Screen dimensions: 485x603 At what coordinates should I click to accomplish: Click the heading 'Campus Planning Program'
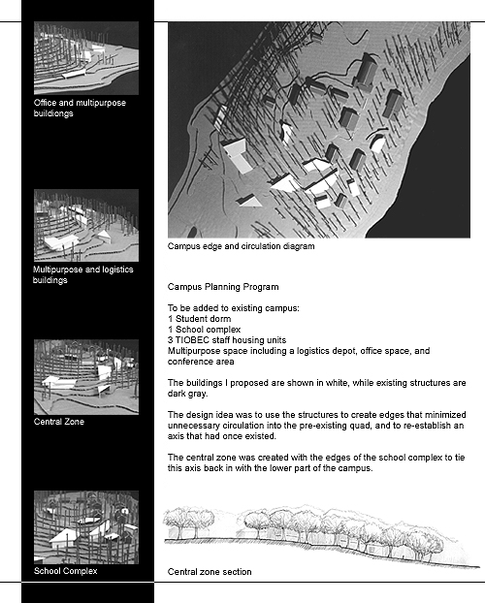tap(223, 287)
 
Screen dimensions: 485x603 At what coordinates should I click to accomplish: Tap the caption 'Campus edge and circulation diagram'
tap(241, 246)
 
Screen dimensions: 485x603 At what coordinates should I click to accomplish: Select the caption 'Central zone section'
tap(210, 572)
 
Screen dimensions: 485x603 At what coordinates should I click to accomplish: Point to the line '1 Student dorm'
tap(200, 319)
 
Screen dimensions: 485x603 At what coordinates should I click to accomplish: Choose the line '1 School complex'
tap(204, 330)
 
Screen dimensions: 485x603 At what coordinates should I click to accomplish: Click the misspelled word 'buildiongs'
tap(53, 113)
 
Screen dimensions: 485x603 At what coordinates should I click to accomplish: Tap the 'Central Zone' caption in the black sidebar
tap(59, 422)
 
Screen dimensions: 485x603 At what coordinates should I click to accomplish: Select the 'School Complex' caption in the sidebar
tap(65, 571)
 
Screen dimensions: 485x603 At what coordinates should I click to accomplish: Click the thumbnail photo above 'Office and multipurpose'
tap(86, 58)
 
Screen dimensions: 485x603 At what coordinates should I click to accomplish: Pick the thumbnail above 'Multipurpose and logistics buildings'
tap(86, 225)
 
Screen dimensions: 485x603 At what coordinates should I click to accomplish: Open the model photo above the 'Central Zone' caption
tap(86, 377)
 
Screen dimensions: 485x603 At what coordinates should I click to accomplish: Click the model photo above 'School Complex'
tap(86, 527)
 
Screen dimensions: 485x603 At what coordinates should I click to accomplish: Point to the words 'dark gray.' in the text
tap(187, 394)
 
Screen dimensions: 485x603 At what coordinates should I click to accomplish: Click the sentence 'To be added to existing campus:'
tap(233, 308)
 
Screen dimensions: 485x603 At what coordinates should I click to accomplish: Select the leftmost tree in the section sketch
tap(178, 523)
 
